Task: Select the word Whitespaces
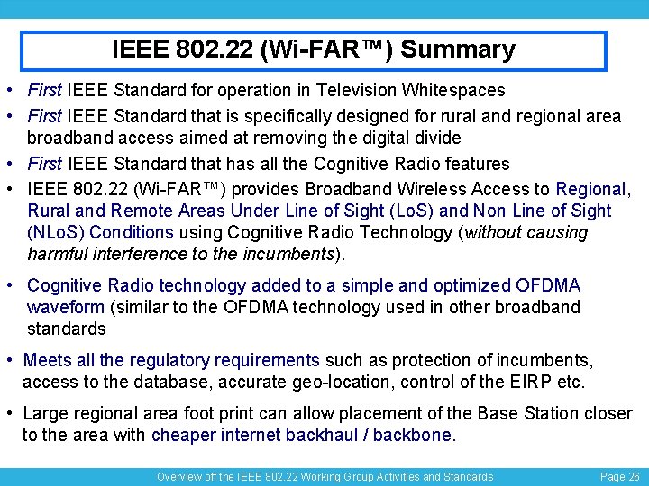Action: pyautogui.click(x=454, y=90)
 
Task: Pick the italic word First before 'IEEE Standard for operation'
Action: pyautogui.click(x=44, y=90)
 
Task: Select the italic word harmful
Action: pyautogui.click(x=57, y=254)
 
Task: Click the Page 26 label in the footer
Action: pyautogui.click(x=619, y=476)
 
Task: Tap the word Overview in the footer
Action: pyautogui.click(x=181, y=476)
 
